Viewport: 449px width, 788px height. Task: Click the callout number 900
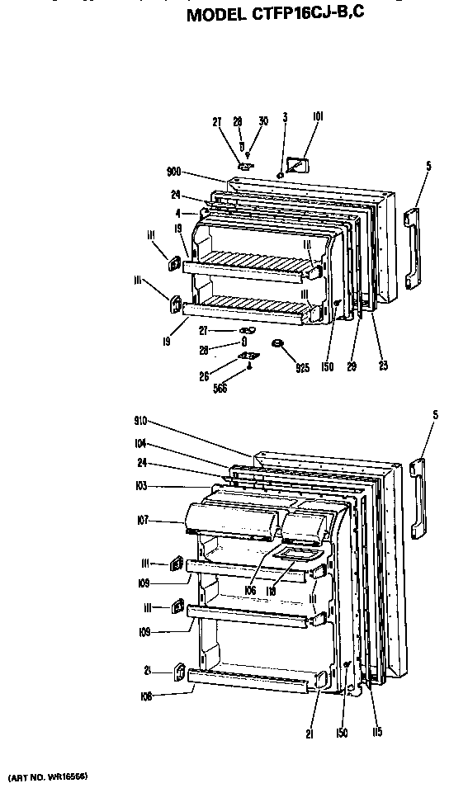coord(173,172)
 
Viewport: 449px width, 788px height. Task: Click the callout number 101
coord(318,118)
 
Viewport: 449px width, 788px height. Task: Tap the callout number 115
coord(377,732)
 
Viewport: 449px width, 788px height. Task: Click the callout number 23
coord(381,365)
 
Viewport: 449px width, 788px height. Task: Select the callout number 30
coord(263,121)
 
